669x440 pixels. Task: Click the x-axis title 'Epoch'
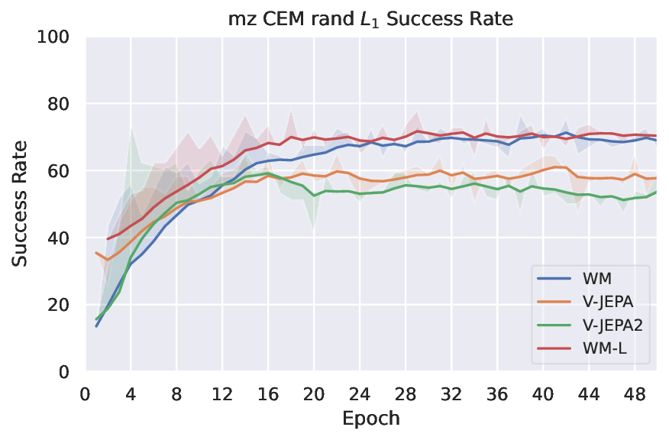(x=371, y=419)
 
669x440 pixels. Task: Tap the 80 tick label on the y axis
(x=60, y=104)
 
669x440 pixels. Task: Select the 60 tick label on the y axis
(x=60, y=170)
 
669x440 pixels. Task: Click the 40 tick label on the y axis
(x=60, y=238)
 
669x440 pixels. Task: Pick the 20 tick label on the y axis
(x=60, y=305)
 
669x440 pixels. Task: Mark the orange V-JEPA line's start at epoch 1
(x=96, y=253)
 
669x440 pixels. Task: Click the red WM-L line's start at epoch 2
(x=108, y=239)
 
